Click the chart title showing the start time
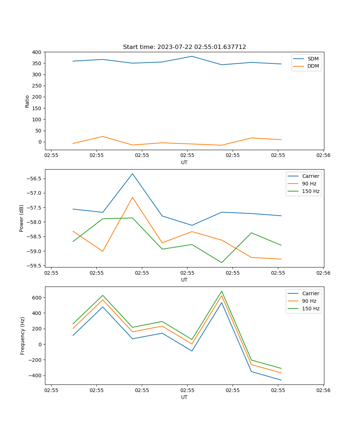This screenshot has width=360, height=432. tap(184, 47)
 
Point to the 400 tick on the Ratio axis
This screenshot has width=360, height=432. tap(36, 52)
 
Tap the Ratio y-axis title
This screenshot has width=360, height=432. tap(27, 101)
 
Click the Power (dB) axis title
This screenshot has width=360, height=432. tap(22, 218)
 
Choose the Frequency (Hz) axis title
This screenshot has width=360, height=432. tap(22, 336)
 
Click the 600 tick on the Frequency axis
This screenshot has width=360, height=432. tap(36, 298)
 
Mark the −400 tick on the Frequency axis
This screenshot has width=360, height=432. tap(35, 375)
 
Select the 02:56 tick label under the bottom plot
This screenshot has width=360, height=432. tap(323, 390)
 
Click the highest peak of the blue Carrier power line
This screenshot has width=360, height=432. tap(132, 174)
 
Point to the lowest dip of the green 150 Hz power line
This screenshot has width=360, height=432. tap(222, 262)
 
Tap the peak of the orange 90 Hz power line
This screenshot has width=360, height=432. tap(132, 197)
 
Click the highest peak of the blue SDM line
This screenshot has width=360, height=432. tap(192, 56)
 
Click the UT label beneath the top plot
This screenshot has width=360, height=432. tap(184, 162)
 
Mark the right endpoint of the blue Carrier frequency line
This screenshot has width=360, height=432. tap(281, 380)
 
